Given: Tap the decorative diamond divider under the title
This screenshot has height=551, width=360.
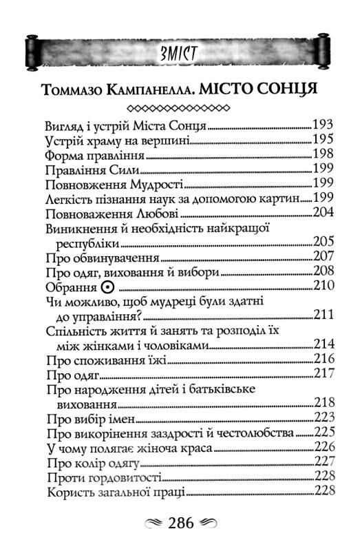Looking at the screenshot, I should tap(180, 108).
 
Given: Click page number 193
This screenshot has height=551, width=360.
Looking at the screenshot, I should tap(323, 127).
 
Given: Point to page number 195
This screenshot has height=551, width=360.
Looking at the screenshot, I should tap(323, 141).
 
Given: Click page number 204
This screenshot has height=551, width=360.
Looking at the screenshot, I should tap(323, 214).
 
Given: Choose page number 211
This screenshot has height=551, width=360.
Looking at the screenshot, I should tap(323, 315).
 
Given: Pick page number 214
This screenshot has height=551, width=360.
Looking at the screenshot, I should tap(323, 344).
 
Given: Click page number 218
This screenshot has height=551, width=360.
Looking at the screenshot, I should tap(323, 403).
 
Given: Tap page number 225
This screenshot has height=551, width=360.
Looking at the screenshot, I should tap(323, 433).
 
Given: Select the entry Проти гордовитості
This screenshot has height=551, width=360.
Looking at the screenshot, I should tap(103, 477).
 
